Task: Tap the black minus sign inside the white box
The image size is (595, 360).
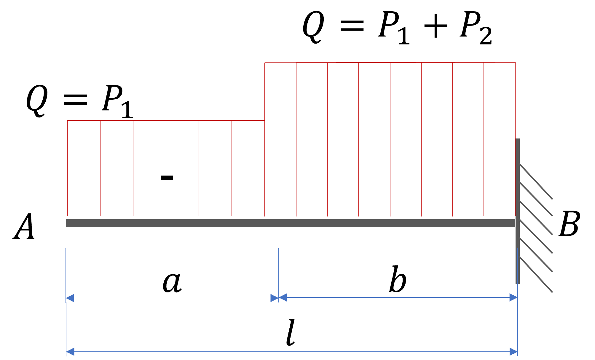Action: [167, 178]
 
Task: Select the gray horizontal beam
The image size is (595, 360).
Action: [291, 223]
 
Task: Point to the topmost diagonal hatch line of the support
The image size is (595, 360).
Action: [536, 181]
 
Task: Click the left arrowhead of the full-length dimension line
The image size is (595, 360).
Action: [70, 352]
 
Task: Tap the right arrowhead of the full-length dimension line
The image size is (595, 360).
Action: [513, 352]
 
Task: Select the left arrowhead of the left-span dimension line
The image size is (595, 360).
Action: [70, 298]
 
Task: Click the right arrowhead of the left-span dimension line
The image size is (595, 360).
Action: [275, 298]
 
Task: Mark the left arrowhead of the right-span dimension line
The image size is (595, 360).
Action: [283, 297]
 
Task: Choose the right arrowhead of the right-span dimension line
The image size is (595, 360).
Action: [513, 297]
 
